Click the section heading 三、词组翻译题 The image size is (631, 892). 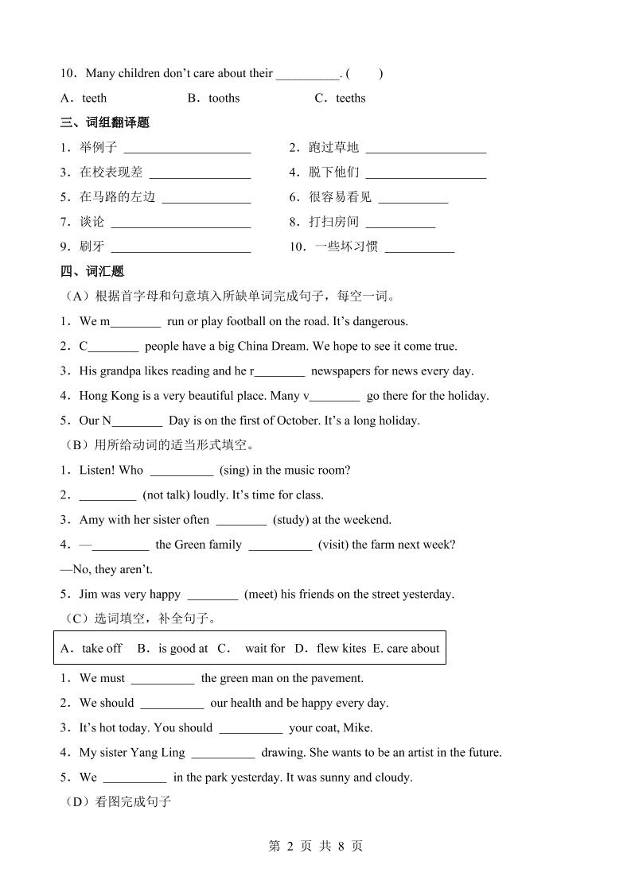pyautogui.click(x=104, y=122)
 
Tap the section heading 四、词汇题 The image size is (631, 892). pyautogui.click(x=92, y=271)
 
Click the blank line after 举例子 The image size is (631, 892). pyautogui.click(x=187, y=149)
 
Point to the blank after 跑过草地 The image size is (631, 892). pyautogui.click(x=426, y=149)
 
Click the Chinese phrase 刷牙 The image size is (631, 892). pyautogui.click(x=92, y=246)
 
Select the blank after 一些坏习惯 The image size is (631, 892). pyautogui.click(x=419, y=247)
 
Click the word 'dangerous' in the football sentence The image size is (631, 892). pyautogui.click(x=380, y=321)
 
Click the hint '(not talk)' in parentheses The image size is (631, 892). pyautogui.click(x=166, y=494)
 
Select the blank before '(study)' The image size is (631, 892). pyautogui.click(x=241, y=521)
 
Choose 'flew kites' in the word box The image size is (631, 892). pyautogui.click(x=341, y=648)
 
